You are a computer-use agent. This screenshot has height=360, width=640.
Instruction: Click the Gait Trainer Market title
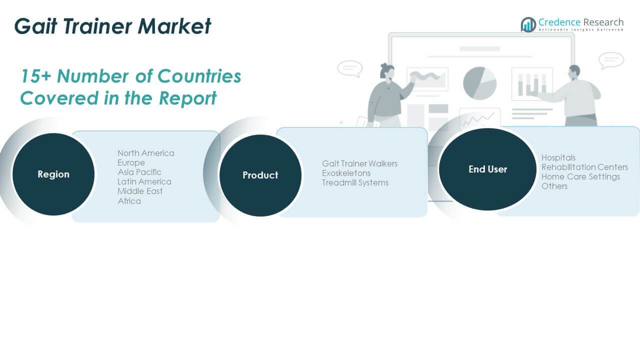click(x=113, y=26)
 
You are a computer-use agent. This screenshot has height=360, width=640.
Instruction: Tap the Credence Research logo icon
click(x=528, y=24)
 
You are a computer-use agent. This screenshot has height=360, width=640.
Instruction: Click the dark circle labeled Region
click(x=53, y=174)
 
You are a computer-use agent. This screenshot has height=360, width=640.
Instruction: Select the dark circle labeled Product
click(x=260, y=175)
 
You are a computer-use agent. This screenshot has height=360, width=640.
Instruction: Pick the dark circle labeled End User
click(x=487, y=169)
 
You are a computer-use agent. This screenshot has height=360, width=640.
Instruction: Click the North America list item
click(x=146, y=153)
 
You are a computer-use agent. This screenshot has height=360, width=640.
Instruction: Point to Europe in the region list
click(x=131, y=162)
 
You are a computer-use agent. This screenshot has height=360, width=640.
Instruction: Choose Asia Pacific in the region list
click(x=139, y=172)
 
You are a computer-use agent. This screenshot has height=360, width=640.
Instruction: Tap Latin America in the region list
click(x=144, y=181)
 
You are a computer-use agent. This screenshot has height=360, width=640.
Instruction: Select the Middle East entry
click(x=140, y=191)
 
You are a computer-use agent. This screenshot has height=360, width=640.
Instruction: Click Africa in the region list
click(x=129, y=201)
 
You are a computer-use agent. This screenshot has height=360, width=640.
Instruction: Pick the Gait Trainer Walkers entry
click(x=359, y=163)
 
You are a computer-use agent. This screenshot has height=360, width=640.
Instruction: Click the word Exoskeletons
click(x=346, y=173)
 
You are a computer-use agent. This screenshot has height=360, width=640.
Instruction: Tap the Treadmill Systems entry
click(x=355, y=182)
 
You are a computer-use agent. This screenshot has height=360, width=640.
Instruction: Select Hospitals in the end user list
click(x=558, y=157)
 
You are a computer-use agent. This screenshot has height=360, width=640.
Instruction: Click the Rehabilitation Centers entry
click(x=584, y=167)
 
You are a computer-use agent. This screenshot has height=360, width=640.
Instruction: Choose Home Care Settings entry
click(x=580, y=176)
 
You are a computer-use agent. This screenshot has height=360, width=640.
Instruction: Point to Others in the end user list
click(x=554, y=186)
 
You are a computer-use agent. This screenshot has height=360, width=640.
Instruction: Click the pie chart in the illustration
click(x=479, y=83)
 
